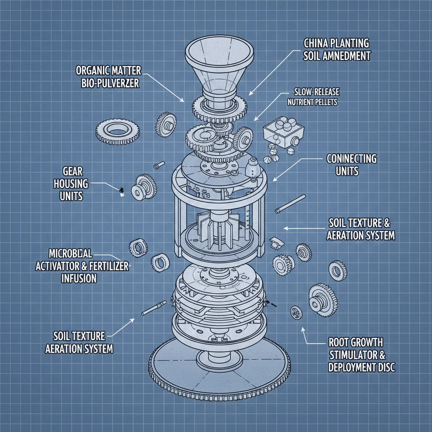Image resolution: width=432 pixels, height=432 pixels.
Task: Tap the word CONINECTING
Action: point(351,159)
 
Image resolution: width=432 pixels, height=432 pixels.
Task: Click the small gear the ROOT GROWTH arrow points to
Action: point(295,313)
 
